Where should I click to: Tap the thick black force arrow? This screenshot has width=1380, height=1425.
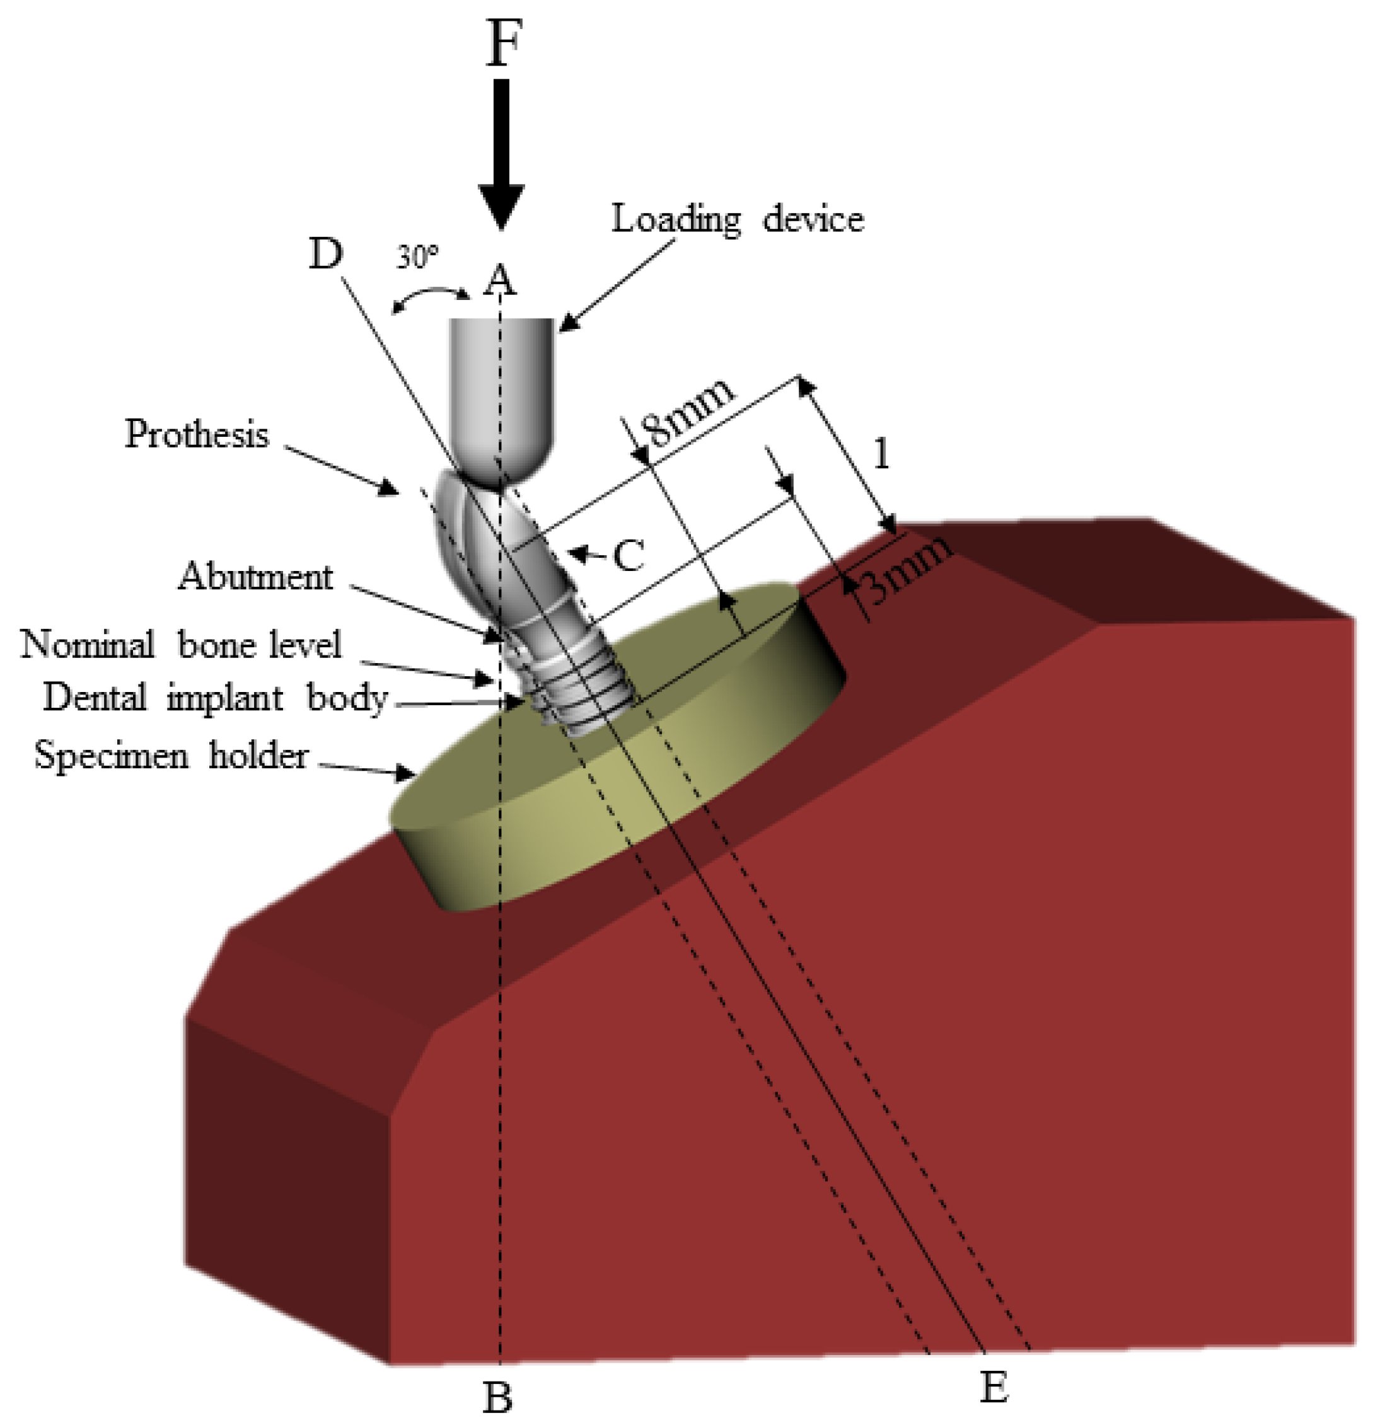pos(502,153)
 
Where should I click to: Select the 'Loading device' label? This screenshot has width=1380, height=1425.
pos(737,218)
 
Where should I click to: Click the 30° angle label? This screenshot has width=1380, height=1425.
pos(417,257)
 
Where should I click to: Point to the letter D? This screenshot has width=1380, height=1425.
pos(326,255)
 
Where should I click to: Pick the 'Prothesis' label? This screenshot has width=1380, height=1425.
pos(196,435)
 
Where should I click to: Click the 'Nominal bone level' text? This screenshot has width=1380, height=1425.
pos(180,644)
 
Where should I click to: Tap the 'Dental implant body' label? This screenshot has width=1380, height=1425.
pos(214,698)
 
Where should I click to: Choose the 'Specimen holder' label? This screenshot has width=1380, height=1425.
pos(171,756)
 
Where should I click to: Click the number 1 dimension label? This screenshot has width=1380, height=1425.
pos(881,455)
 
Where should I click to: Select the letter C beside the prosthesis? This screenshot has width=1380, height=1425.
pos(628,556)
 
